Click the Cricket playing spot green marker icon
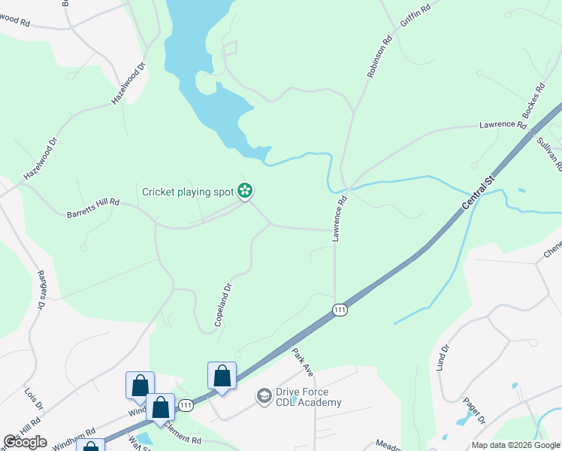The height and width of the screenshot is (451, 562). click(244, 192)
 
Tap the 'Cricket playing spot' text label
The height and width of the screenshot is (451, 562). click(188, 192)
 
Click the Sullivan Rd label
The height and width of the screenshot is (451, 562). click(549, 154)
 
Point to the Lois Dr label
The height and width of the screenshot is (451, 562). click(32, 398)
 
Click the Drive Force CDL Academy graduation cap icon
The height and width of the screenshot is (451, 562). click(264, 395)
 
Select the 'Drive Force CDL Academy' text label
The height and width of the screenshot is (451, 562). click(309, 397)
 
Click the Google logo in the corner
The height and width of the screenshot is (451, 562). click(26, 442)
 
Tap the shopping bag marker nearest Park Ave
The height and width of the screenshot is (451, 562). click(222, 375)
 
